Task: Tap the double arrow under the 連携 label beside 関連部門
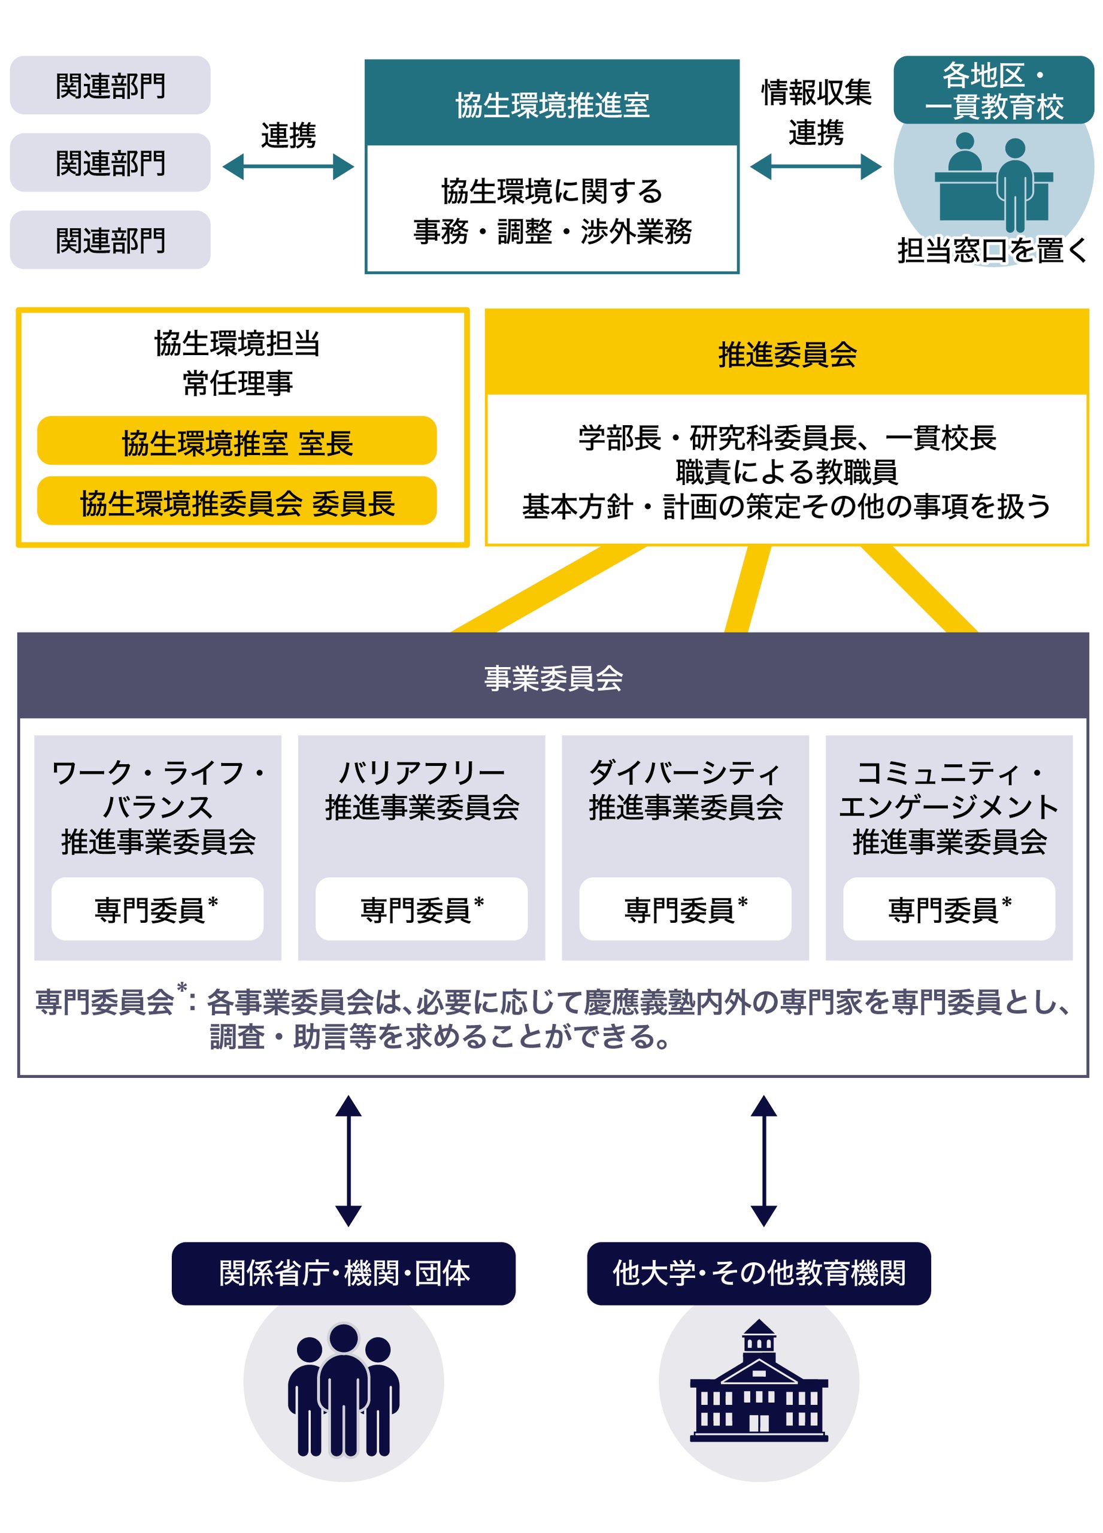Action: click(288, 167)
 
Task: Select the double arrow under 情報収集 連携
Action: click(815, 167)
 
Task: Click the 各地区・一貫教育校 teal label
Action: click(993, 90)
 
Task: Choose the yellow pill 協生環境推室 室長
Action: click(237, 441)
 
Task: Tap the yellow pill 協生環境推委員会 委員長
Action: click(237, 501)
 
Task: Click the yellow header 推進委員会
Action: click(786, 353)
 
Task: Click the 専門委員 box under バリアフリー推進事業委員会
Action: click(421, 908)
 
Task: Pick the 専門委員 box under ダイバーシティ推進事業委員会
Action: click(684, 908)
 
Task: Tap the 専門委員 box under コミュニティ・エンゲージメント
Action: click(949, 908)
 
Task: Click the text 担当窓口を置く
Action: click(992, 250)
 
